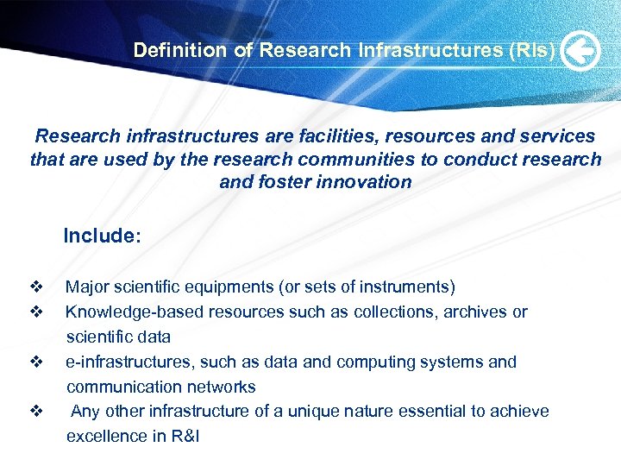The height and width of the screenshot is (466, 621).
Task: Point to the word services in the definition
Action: [552, 136]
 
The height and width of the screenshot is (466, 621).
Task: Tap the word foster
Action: [285, 181]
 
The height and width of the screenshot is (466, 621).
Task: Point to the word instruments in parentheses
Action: [406, 287]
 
